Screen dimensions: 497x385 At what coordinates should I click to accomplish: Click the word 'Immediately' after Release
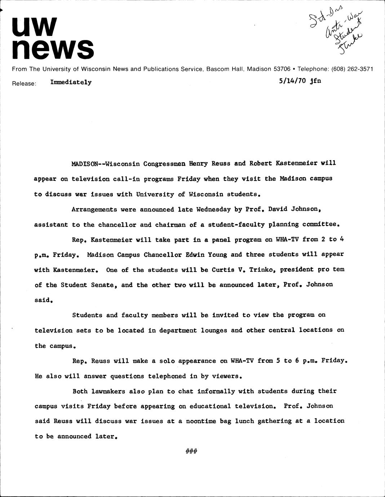pyautogui.click(x=71, y=82)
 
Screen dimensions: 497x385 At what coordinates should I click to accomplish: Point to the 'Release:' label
pyautogui.click(x=24, y=84)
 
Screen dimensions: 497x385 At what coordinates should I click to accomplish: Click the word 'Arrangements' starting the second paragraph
pyautogui.click(x=94, y=209)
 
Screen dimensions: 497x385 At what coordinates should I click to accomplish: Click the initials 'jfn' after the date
pyautogui.click(x=315, y=81)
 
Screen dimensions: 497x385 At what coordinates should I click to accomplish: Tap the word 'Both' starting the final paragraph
pyautogui.click(x=80, y=391)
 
